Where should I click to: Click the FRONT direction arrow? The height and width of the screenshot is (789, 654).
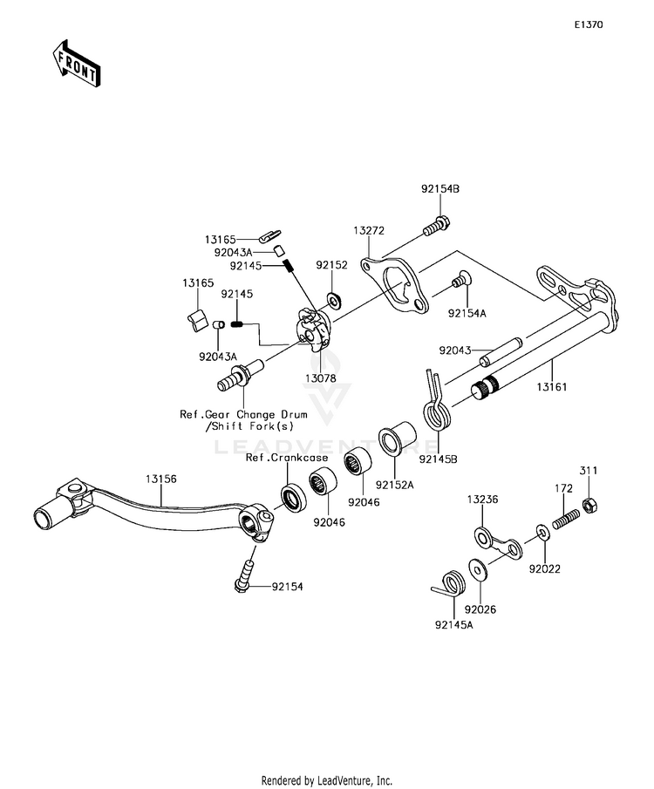(76, 64)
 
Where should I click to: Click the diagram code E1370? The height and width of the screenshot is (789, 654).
(589, 24)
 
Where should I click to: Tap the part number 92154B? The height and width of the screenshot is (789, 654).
(440, 189)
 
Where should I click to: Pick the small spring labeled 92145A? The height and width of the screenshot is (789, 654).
(449, 584)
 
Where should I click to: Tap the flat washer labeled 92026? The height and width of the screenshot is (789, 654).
(477, 569)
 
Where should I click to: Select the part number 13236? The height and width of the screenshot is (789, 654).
(483, 500)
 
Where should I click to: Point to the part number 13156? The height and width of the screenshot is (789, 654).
(161, 479)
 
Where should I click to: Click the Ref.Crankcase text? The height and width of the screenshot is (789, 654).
(287, 458)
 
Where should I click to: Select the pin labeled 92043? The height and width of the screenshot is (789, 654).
(501, 351)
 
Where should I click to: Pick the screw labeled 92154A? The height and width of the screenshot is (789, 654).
(459, 279)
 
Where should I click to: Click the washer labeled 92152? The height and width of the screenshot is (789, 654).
(335, 301)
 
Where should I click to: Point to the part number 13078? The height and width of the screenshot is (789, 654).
(320, 378)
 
